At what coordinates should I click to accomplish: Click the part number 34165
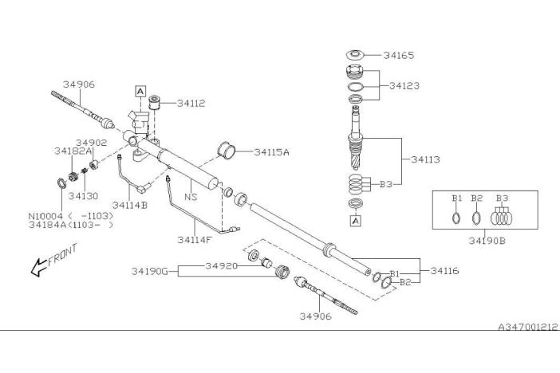pyautogui.click(x=399, y=55)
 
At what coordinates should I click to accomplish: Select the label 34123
pyautogui.click(x=404, y=85)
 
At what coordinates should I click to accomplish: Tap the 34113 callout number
pyautogui.click(x=425, y=159)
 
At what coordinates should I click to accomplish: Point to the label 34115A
pyautogui.click(x=271, y=152)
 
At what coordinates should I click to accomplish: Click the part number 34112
pyautogui.click(x=191, y=104)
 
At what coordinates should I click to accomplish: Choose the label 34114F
pyautogui.click(x=195, y=240)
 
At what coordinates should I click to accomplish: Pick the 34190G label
pyautogui.click(x=150, y=272)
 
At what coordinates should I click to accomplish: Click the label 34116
pyautogui.click(x=444, y=271)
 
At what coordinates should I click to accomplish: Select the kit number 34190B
pyautogui.click(x=487, y=241)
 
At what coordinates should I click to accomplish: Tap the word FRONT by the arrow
pyautogui.click(x=62, y=254)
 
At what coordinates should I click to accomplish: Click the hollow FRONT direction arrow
pyautogui.click(x=38, y=267)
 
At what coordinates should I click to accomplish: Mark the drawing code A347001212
pyautogui.click(x=528, y=327)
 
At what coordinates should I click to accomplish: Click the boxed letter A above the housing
pyautogui.click(x=140, y=92)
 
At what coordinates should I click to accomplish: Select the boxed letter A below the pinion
pyautogui.click(x=355, y=221)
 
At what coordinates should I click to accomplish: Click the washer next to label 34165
pyautogui.click(x=355, y=55)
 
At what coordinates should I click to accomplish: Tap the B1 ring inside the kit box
pyautogui.click(x=455, y=218)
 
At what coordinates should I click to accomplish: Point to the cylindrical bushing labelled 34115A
pyautogui.click(x=227, y=151)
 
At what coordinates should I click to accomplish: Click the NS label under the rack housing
pyautogui.click(x=191, y=197)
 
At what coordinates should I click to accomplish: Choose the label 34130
pyautogui.click(x=83, y=196)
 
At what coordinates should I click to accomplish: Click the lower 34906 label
pyautogui.click(x=315, y=316)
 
